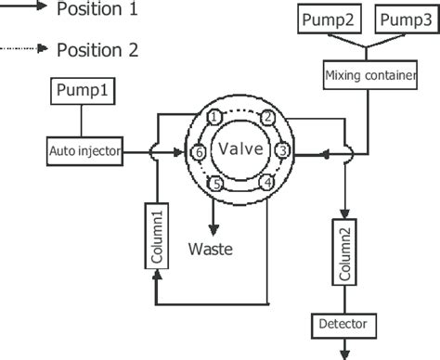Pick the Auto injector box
[x=85, y=150]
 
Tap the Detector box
[x=344, y=325]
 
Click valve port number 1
[x=214, y=117]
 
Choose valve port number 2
[x=266, y=117]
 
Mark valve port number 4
[x=267, y=183]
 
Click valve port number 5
[x=215, y=184]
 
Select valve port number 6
[x=197, y=151]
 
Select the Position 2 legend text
[x=97, y=49]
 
